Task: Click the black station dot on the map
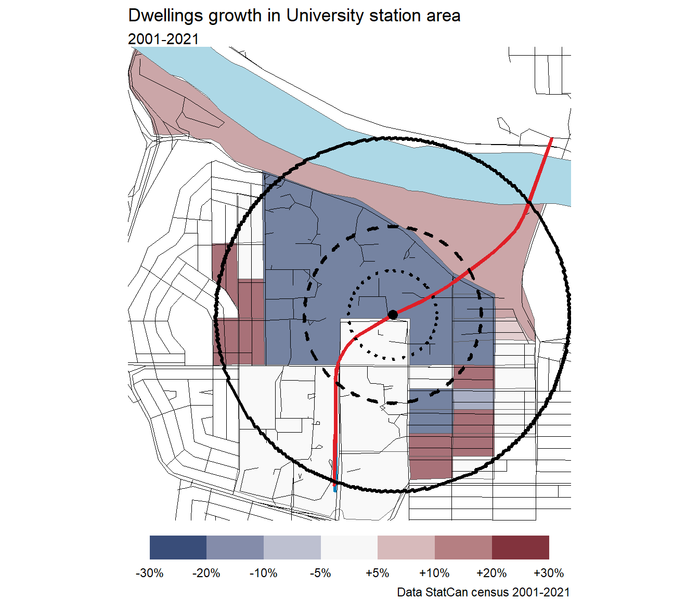pos(393,315)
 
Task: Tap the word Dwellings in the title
pos(165,16)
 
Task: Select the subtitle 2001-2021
pos(163,39)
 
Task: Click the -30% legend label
pos(150,573)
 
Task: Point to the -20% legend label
pos(206,573)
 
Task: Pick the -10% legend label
pos(264,573)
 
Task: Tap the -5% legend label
pos(320,573)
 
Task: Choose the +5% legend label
pos(378,573)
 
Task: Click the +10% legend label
pos(434,573)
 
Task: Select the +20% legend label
pos(491,573)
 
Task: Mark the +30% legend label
pos(549,573)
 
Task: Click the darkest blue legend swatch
pos(178,548)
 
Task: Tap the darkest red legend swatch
pos(521,548)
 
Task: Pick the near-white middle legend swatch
pos(349,548)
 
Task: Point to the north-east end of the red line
pos(551,139)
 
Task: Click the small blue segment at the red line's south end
pos(335,486)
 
